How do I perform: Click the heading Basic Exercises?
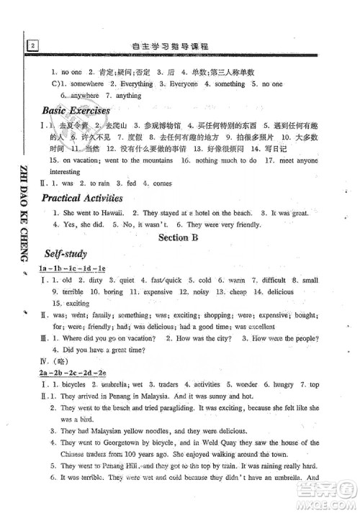pyautogui.click(x=76, y=111)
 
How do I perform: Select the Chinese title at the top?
pyautogui.click(x=181, y=47)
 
